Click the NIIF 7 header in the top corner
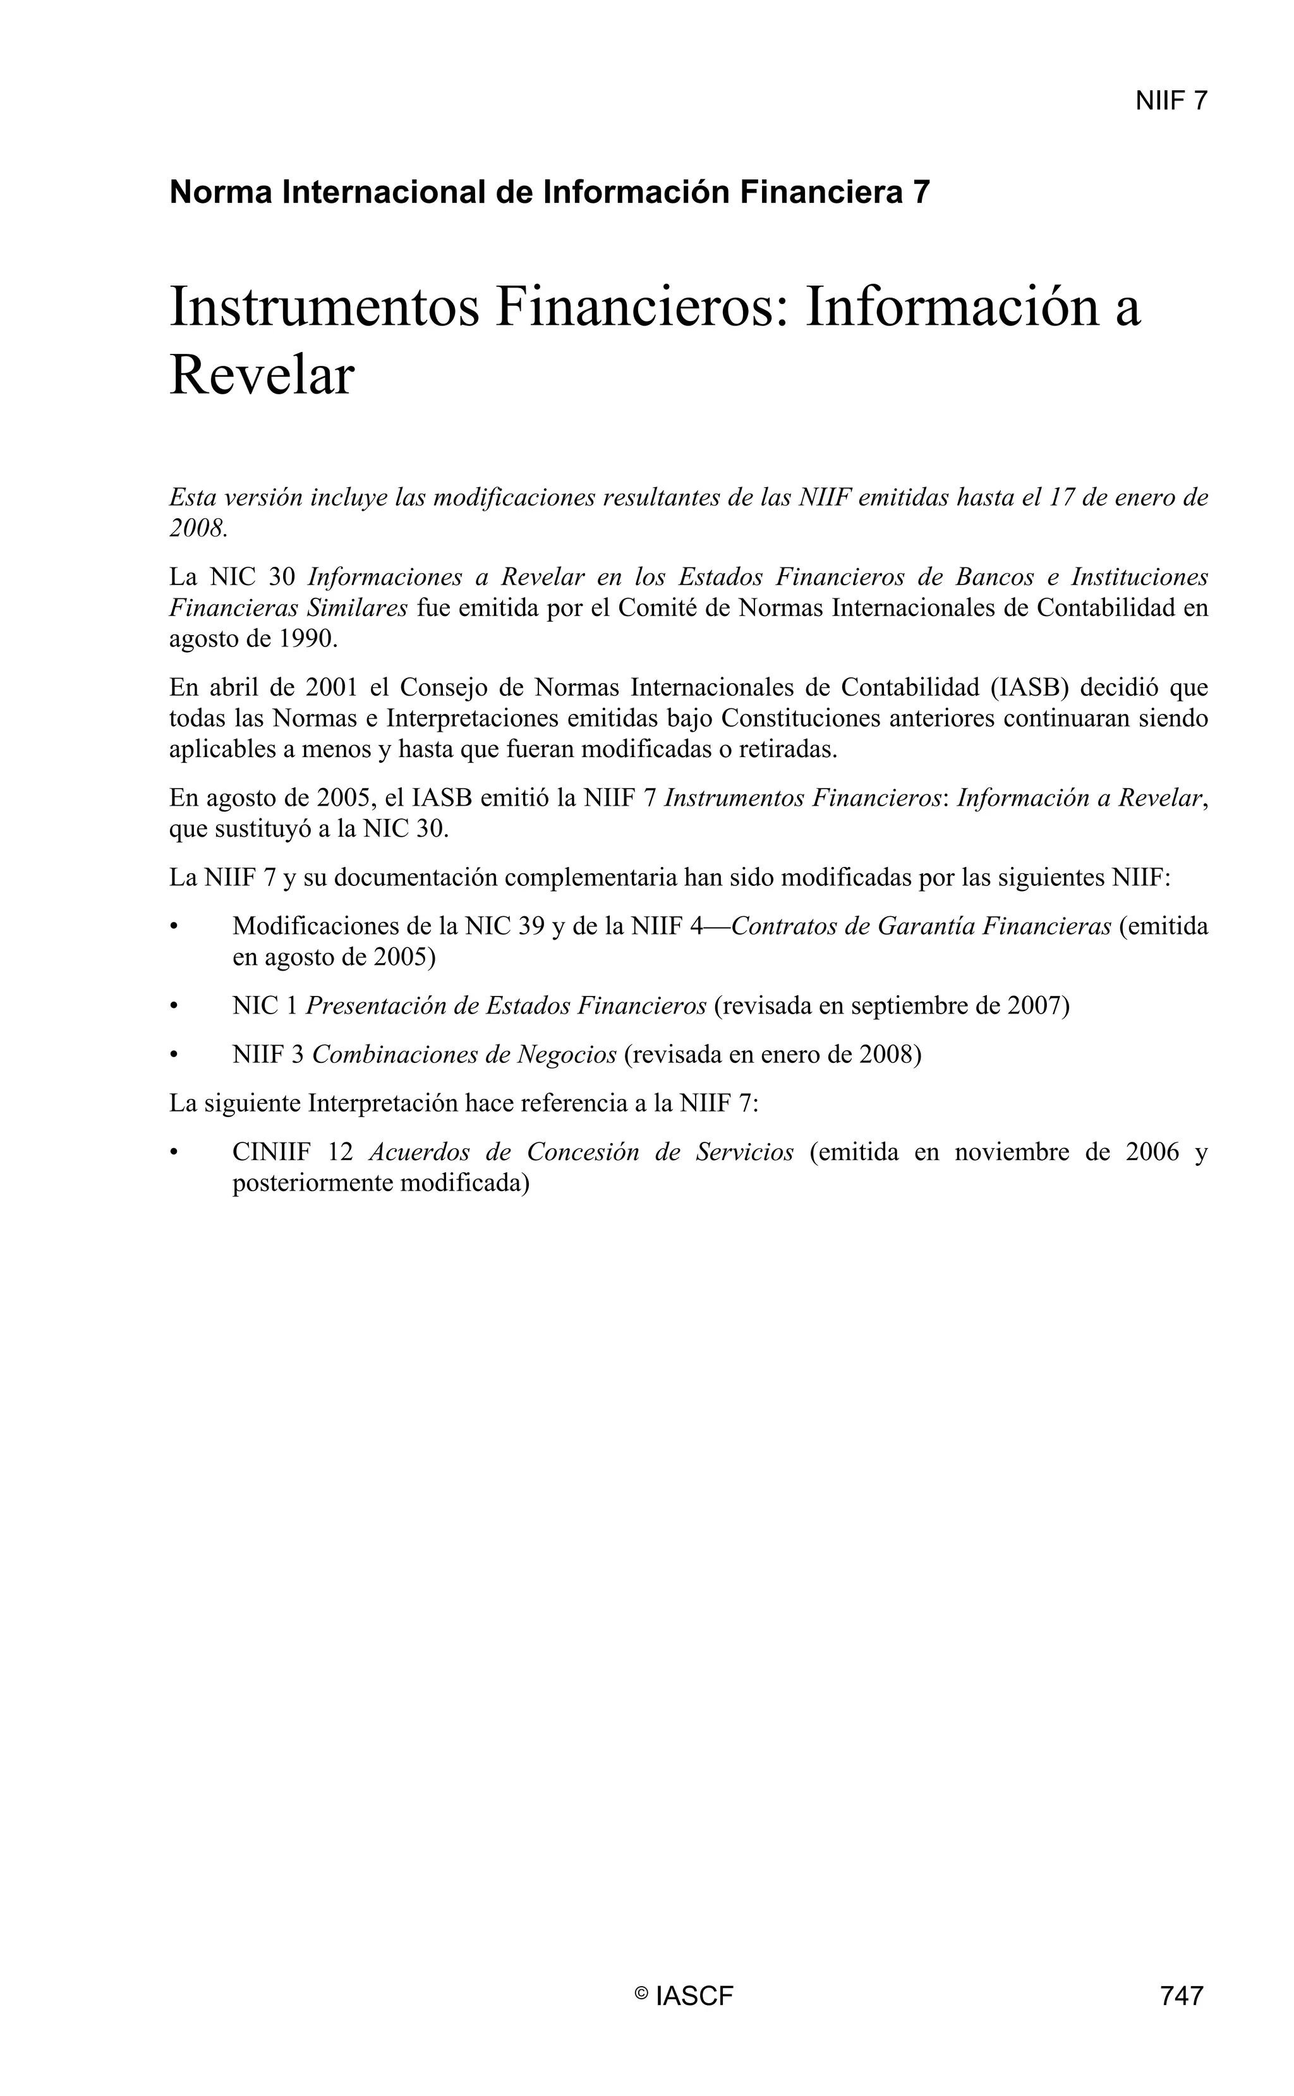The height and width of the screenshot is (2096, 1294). (x=1170, y=101)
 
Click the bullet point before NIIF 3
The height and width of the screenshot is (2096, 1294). (x=174, y=1055)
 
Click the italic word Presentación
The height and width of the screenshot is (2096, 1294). (x=375, y=1005)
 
